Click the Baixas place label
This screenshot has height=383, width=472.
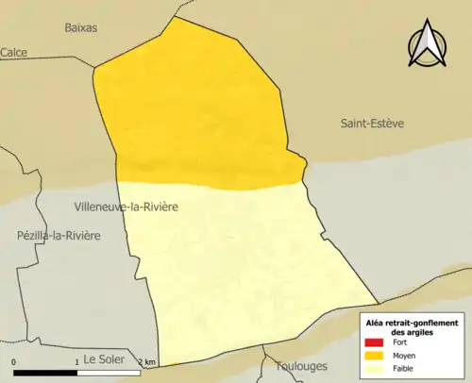[81, 27]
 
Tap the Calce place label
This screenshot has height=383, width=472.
[13, 53]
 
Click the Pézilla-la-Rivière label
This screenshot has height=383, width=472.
[59, 235]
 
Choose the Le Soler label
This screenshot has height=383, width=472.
[105, 358]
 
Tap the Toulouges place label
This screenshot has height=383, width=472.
[300, 365]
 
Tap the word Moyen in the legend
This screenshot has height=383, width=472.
[403, 356]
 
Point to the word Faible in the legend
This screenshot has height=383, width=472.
[403, 368]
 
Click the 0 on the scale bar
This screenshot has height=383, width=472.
[14, 362]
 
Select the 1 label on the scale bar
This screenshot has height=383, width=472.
[76, 362]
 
